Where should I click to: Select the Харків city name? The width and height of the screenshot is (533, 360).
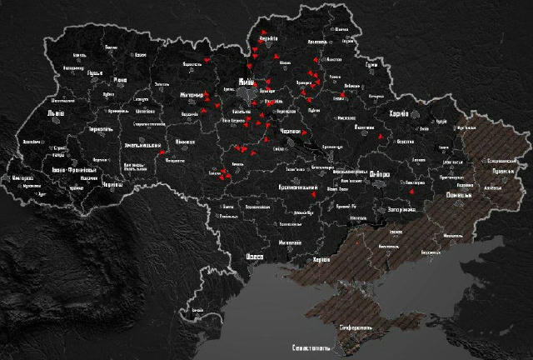399,114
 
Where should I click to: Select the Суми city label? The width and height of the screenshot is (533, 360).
372,64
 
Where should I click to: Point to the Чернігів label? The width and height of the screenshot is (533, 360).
267,38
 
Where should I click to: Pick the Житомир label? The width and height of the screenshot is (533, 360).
192,95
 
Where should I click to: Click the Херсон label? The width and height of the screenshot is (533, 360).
320,260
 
